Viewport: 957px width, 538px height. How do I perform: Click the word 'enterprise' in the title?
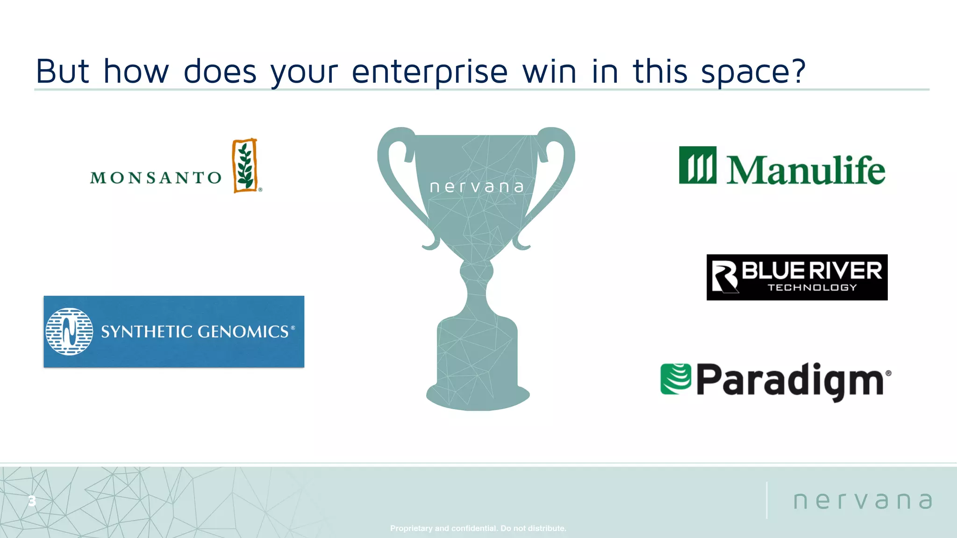429,72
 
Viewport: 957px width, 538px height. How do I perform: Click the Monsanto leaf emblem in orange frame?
245,166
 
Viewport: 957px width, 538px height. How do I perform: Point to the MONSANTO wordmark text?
156,177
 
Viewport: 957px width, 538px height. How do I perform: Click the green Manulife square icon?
697,165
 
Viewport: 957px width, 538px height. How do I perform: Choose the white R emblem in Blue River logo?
724,276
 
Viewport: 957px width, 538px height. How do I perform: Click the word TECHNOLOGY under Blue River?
812,288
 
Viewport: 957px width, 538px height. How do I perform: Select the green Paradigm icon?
675,379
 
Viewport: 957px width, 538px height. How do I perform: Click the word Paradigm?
790,380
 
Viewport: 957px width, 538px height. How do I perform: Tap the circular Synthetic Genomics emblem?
69,332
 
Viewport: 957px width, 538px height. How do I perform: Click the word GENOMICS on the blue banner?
243,332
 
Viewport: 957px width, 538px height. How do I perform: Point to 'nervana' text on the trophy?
477,187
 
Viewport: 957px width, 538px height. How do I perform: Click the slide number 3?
32,501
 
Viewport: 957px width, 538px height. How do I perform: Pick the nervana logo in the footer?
863,501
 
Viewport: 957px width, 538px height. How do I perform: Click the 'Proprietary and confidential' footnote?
478,528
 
